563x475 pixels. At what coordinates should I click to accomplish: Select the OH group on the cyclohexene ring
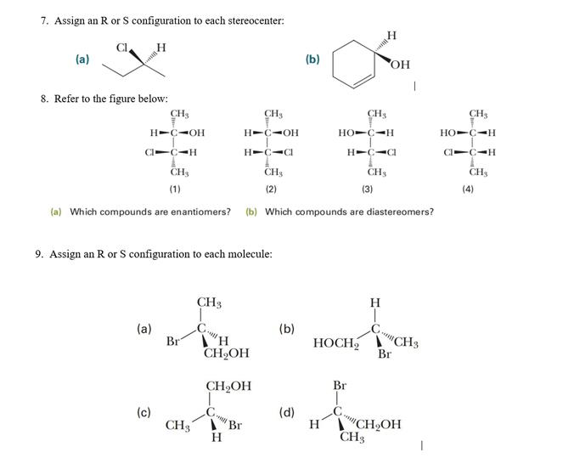point(402,65)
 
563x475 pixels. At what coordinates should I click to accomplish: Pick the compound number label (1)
point(174,189)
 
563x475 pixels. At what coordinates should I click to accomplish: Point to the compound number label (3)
point(368,189)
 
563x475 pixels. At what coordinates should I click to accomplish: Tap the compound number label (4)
point(468,189)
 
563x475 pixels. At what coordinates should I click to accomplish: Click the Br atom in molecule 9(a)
point(173,342)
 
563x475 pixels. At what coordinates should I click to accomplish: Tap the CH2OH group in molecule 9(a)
point(227,353)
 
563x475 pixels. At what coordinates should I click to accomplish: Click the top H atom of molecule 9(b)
point(375,303)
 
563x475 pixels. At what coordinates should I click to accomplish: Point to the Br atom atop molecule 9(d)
point(340,386)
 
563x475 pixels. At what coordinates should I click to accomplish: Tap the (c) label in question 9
point(144,413)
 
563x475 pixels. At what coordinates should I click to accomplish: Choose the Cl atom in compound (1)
point(149,153)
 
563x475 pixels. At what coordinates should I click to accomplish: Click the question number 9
point(40,253)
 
